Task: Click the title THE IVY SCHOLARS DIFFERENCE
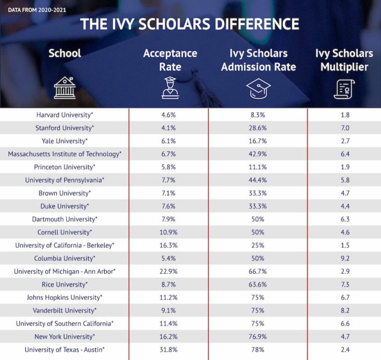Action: (190, 24)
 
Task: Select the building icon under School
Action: (64, 88)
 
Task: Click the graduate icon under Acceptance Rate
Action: (170, 88)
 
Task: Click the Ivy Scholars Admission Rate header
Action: (258, 60)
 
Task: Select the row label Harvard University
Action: (64, 115)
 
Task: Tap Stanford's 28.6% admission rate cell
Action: (258, 128)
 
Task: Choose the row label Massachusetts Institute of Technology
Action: (64, 154)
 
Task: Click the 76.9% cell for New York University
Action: (258, 337)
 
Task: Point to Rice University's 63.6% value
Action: (258, 285)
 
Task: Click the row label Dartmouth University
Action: (64, 219)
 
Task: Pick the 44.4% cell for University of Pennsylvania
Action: (258, 180)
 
